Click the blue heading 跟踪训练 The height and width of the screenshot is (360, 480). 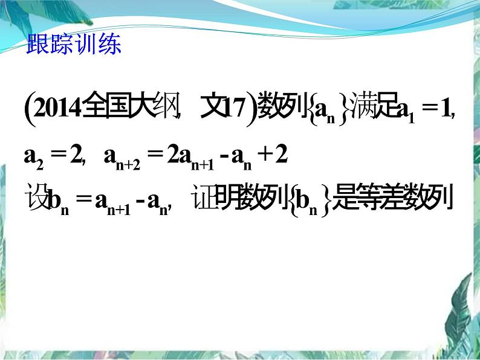click(74, 45)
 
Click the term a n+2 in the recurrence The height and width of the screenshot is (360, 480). click(121, 157)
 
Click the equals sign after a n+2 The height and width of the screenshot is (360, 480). click(155, 156)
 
